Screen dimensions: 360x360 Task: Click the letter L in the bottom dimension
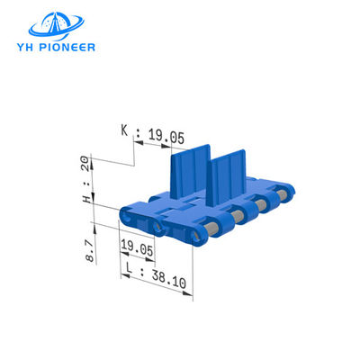point(130,269)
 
